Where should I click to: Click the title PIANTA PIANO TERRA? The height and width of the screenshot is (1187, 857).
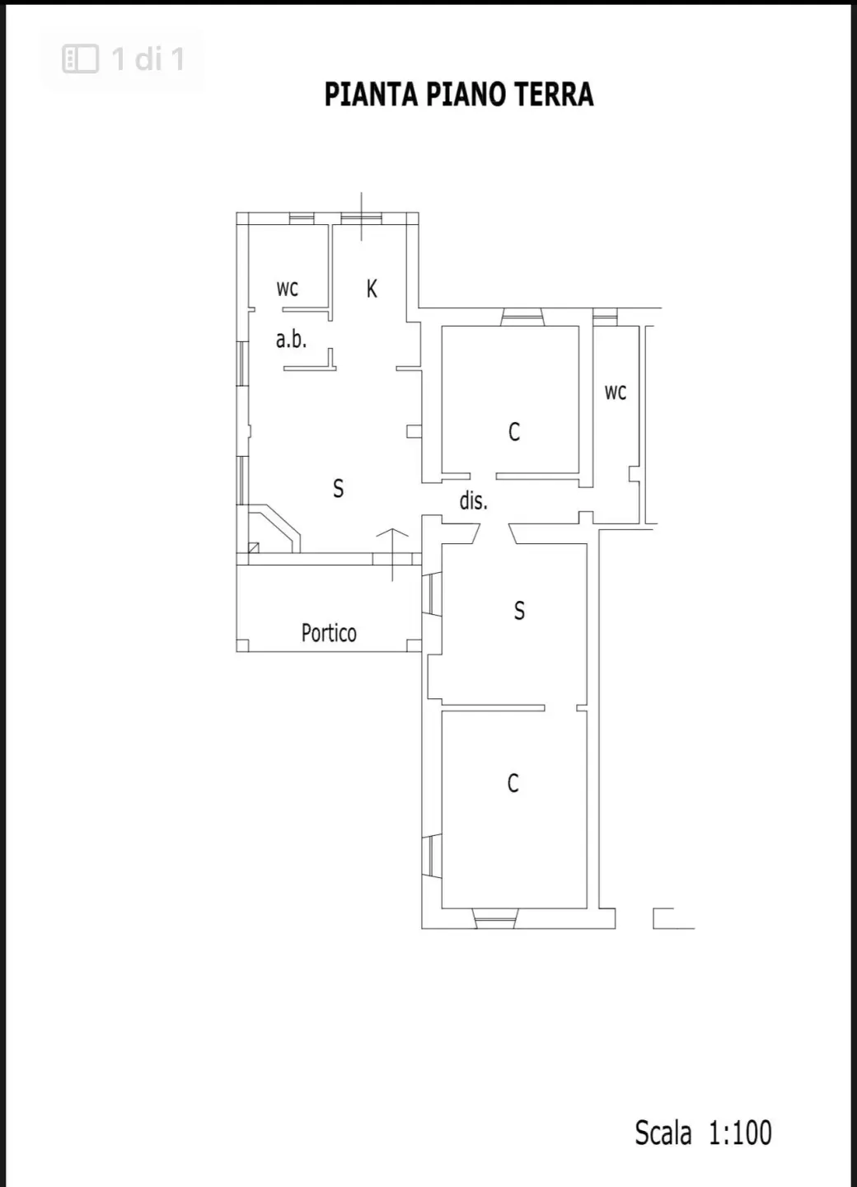tap(459, 94)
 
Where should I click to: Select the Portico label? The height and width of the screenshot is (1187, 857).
tap(329, 633)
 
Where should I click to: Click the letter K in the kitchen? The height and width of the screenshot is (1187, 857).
tap(372, 289)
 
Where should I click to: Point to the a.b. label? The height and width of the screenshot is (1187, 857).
tap(292, 339)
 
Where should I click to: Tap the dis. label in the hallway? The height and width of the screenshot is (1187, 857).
tap(473, 500)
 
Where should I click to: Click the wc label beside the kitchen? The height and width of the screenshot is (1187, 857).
tap(288, 289)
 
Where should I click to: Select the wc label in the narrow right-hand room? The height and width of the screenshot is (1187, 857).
tap(616, 392)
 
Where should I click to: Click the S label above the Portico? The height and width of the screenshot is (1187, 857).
tap(339, 488)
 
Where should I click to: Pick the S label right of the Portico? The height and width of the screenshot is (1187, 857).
tap(519, 611)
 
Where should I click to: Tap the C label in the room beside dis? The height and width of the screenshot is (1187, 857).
tap(513, 432)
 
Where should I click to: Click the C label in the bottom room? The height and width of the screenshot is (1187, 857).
tap(513, 783)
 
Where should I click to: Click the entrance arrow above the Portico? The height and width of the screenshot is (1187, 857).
tap(392, 554)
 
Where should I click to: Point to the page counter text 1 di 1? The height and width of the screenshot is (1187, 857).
tap(148, 59)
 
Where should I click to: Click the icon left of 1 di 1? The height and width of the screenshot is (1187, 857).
tap(81, 59)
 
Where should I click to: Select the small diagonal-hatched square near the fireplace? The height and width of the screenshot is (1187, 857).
tap(254, 547)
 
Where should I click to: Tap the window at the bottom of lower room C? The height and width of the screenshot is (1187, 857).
tap(494, 918)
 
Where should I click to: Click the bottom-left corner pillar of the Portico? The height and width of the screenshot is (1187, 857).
tap(242, 645)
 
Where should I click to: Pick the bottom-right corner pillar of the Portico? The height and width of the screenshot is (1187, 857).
tap(414, 645)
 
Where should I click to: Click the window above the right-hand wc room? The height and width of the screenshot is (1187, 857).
tap(605, 317)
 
